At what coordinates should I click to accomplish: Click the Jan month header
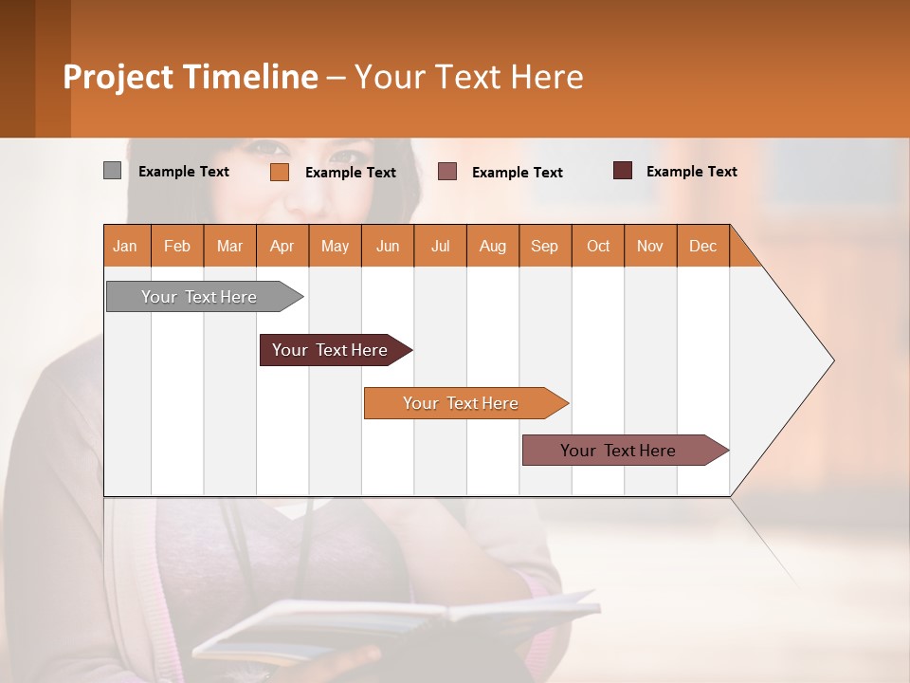point(125,246)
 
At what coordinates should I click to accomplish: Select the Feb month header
point(177,246)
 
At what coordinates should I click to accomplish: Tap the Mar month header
point(229,246)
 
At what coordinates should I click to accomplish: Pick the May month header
point(335,246)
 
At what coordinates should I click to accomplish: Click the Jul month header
point(440,246)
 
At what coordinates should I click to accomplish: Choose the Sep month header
point(544,246)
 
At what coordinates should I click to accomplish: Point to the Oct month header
point(598,246)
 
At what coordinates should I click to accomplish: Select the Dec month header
point(702,246)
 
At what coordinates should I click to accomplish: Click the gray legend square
point(112,171)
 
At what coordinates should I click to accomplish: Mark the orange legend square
point(279,172)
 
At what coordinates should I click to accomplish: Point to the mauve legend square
point(447,172)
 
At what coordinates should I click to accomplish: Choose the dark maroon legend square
point(622,171)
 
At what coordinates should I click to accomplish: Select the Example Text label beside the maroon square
point(691,172)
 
